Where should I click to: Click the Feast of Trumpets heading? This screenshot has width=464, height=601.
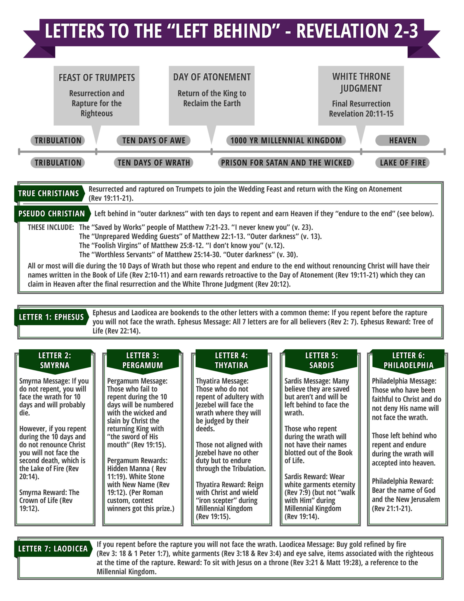[x=97, y=78]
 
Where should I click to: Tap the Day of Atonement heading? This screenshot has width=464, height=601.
[x=212, y=77]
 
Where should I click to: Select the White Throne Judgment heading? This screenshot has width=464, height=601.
[x=361, y=82]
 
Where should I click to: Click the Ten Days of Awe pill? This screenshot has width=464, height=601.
[x=153, y=140]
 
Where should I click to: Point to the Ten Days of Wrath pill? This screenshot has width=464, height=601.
[x=153, y=163]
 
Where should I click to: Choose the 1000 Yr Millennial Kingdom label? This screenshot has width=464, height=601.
[x=286, y=140]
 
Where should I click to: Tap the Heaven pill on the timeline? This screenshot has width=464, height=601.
[x=402, y=140]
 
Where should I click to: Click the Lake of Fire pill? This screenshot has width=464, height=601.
[x=402, y=163]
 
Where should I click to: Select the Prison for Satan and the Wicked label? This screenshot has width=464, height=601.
[x=286, y=163]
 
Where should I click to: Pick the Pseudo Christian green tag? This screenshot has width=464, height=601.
[x=52, y=214]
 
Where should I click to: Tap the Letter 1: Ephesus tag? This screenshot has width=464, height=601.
[x=51, y=317]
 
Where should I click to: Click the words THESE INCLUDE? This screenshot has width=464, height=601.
[x=51, y=227]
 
